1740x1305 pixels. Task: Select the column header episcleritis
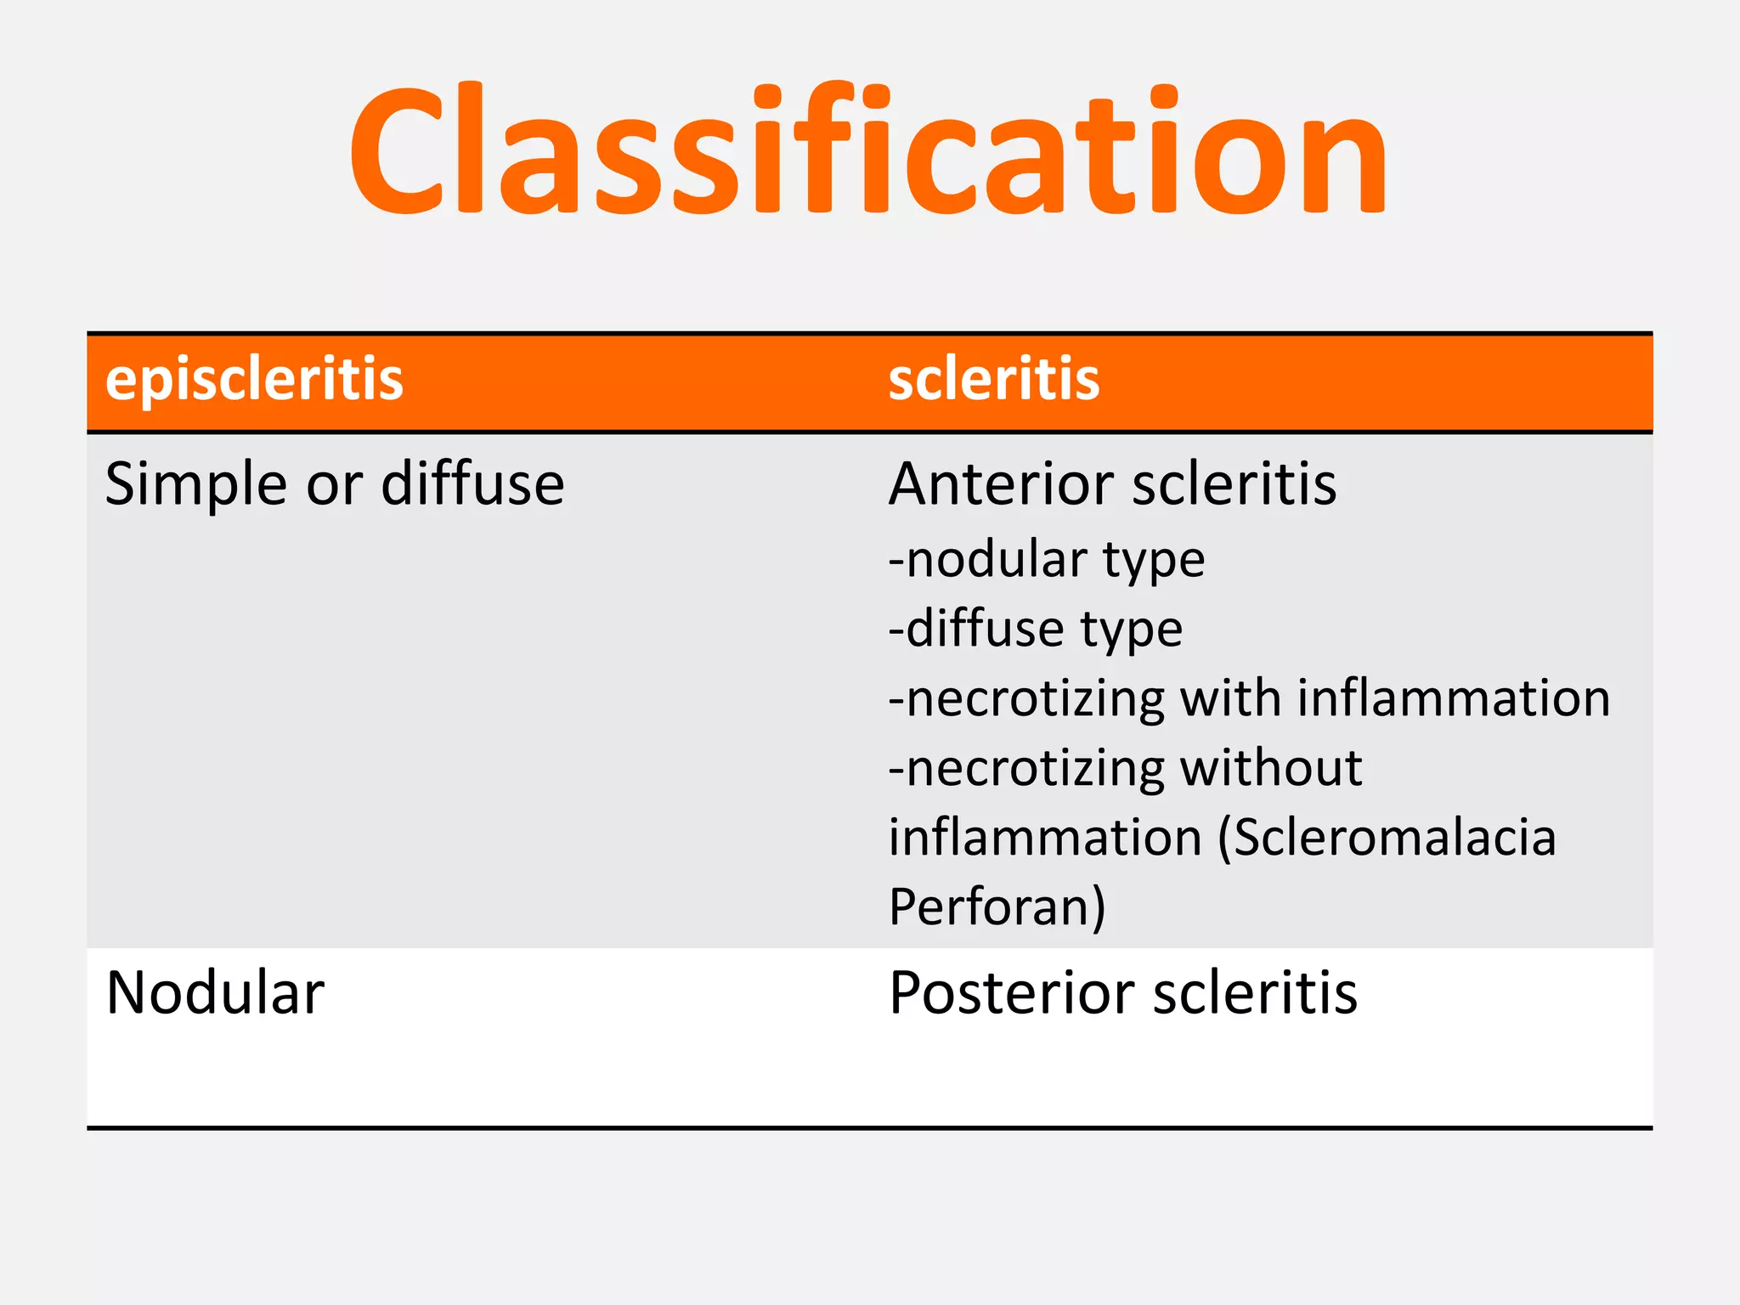(254, 379)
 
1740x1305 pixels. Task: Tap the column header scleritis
(993, 379)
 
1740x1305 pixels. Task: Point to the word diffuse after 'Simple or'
(472, 484)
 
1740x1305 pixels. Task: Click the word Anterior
(1000, 484)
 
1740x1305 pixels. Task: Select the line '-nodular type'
(1046, 561)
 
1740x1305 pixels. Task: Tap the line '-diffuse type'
(1035, 630)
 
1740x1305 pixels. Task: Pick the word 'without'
(1271, 768)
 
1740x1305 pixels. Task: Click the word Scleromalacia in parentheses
(1393, 838)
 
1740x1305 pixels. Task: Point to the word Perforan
(996, 907)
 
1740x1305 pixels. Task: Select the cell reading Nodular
(215, 992)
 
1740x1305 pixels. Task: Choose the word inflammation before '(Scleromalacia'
(1045, 838)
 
